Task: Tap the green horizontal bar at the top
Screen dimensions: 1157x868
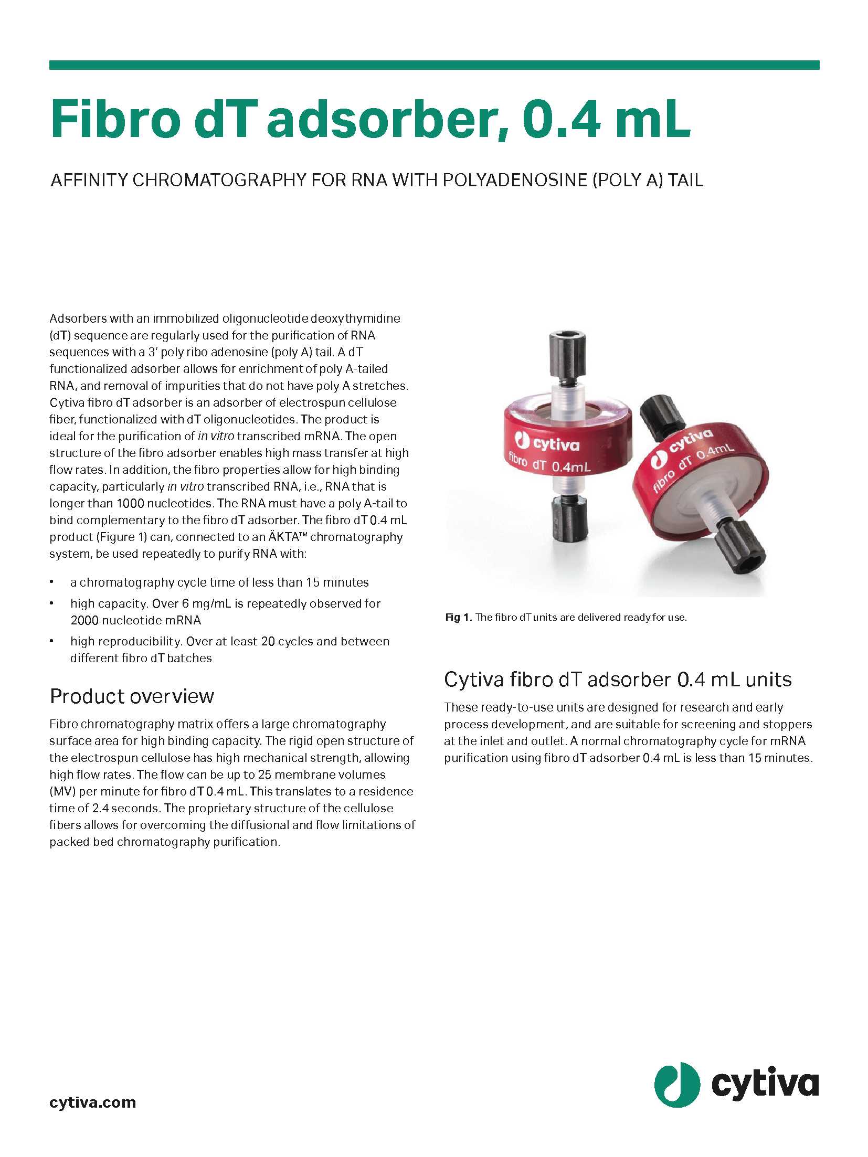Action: (434, 65)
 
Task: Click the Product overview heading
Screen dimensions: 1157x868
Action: (132, 696)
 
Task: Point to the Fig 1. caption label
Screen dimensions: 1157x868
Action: (458, 618)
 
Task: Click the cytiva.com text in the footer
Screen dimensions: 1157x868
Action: (92, 1102)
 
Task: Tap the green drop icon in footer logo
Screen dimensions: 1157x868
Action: (676, 1085)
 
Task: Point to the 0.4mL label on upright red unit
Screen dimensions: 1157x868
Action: (571, 465)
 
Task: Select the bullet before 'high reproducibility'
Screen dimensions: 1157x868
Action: (52, 641)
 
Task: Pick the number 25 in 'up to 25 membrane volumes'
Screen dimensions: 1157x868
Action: (264, 774)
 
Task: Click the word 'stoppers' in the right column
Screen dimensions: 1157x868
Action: (787, 724)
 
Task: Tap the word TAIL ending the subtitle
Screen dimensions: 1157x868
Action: (685, 181)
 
